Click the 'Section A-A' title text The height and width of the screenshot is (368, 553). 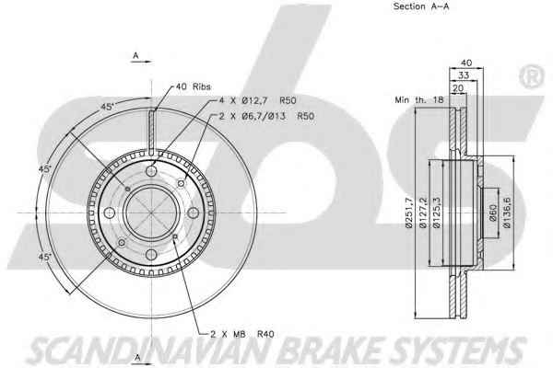(421, 6)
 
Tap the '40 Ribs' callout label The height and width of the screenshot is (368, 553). (194, 86)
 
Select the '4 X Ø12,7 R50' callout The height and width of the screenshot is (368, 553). (257, 100)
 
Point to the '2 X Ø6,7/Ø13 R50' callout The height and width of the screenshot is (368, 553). (266, 116)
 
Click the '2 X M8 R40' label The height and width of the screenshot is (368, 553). (241, 334)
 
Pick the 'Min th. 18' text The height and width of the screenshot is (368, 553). (419, 99)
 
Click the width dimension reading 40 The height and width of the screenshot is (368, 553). (466, 63)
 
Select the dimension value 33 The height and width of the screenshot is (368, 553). (464, 75)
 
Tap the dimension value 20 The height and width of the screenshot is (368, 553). (458, 88)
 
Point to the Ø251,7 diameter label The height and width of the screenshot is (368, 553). (408, 213)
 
